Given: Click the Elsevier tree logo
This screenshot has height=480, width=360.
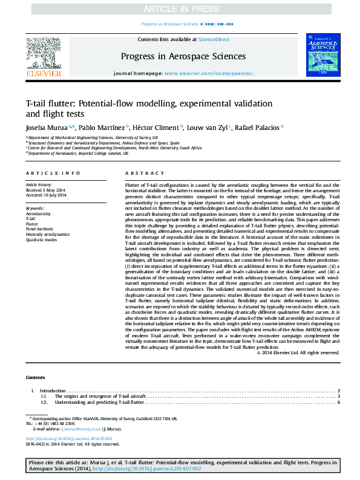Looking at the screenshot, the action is pyautogui.click(x=43, y=54).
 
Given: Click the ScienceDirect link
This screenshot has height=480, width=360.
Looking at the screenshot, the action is pyautogui.click(x=214, y=39).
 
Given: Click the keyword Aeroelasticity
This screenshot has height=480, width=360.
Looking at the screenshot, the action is pyautogui.click(x=38, y=214).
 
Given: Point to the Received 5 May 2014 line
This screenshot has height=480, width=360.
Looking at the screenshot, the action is pyautogui.click(x=45, y=191).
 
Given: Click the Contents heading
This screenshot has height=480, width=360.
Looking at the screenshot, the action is pyautogui.click(x=36, y=377).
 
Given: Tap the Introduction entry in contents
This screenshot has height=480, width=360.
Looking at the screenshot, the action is pyautogui.click(x=53, y=391).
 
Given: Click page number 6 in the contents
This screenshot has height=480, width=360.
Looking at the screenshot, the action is pyautogui.click(x=339, y=402).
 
